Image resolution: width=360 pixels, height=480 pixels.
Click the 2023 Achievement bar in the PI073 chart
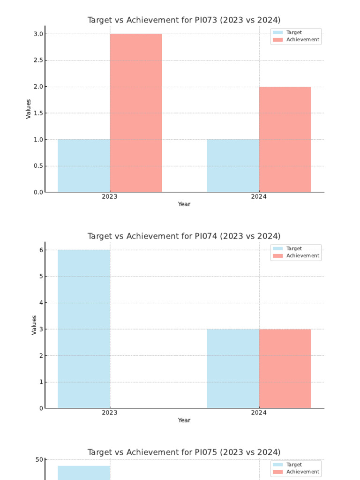click(136, 113)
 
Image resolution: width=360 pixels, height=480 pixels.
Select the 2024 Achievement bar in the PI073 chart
click(285, 139)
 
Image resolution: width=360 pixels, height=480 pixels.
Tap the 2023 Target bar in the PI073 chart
click(84, 165)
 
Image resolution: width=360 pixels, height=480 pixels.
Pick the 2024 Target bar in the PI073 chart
click(233, 165)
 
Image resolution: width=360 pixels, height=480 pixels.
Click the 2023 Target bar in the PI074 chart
click(84, 329)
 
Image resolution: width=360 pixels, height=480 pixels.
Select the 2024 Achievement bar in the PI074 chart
click(285, 368)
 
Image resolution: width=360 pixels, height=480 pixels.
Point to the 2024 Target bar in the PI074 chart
click(233, 368)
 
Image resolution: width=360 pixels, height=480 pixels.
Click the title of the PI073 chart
click(184, 20)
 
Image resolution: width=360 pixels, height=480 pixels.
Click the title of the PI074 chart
click(184, 236)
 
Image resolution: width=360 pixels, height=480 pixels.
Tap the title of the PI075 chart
click(184, 452)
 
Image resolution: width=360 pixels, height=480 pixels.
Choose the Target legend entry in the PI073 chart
click(294, 32)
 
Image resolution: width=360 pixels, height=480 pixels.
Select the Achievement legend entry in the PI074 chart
click(302, 256)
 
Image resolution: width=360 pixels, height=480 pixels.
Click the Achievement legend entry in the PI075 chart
click(302, 472)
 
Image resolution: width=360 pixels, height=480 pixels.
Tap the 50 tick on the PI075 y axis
click(39, 460)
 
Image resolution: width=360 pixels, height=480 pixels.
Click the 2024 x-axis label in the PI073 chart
click(259, 197)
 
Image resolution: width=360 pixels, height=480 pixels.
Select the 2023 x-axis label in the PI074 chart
click(110, 413)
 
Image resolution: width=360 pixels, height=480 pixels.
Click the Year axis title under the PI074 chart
click(184, 420)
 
